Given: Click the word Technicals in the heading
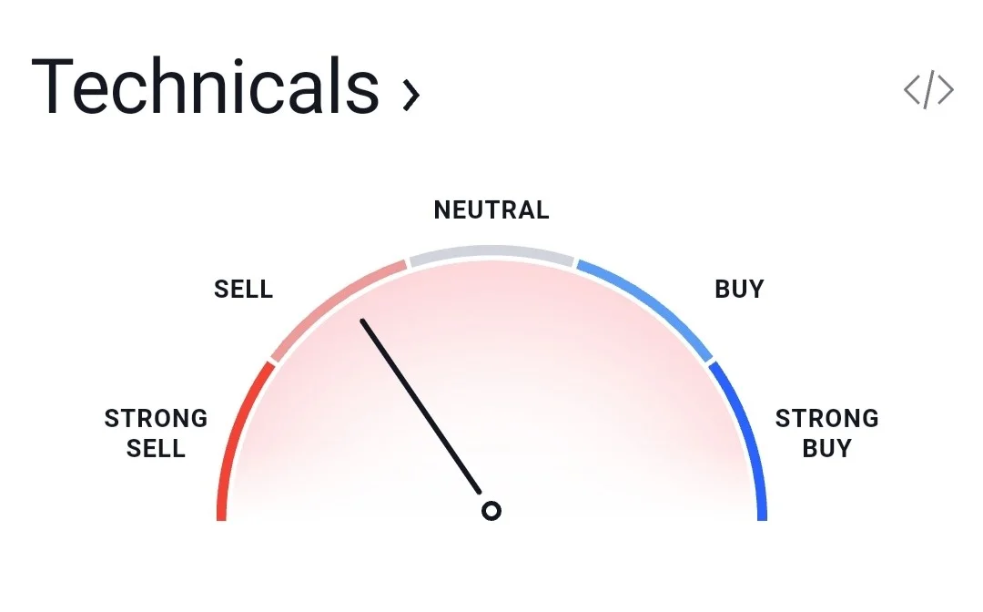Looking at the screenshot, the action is [x=206, y=86].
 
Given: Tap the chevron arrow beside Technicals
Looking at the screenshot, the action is [x=410, y=96].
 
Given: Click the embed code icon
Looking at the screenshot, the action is [x=928, y=89].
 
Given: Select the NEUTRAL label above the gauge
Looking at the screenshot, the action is [x=491, y=210].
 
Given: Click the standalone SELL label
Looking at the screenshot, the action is [x=243, y=289].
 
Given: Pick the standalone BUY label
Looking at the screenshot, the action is [x=740, y=289].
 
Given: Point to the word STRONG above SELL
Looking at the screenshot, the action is [x=157, y=418].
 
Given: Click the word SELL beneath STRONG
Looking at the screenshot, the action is [x=157, y=448].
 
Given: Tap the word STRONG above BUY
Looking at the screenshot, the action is [x=826, y=418].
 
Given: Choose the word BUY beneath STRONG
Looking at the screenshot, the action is [x=826, y=448].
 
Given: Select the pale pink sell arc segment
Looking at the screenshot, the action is [x=331, y=302].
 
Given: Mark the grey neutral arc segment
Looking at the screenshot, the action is [x=491, y=251].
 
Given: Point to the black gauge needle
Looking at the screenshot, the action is [x=421, y=406].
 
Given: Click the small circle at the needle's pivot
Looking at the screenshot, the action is [x=491, y=511].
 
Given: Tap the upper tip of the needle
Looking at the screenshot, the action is [x=362, y=321].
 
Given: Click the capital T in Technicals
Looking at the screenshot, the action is [x=51, y=86].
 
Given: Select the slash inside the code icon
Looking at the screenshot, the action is [x=928, y=89].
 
